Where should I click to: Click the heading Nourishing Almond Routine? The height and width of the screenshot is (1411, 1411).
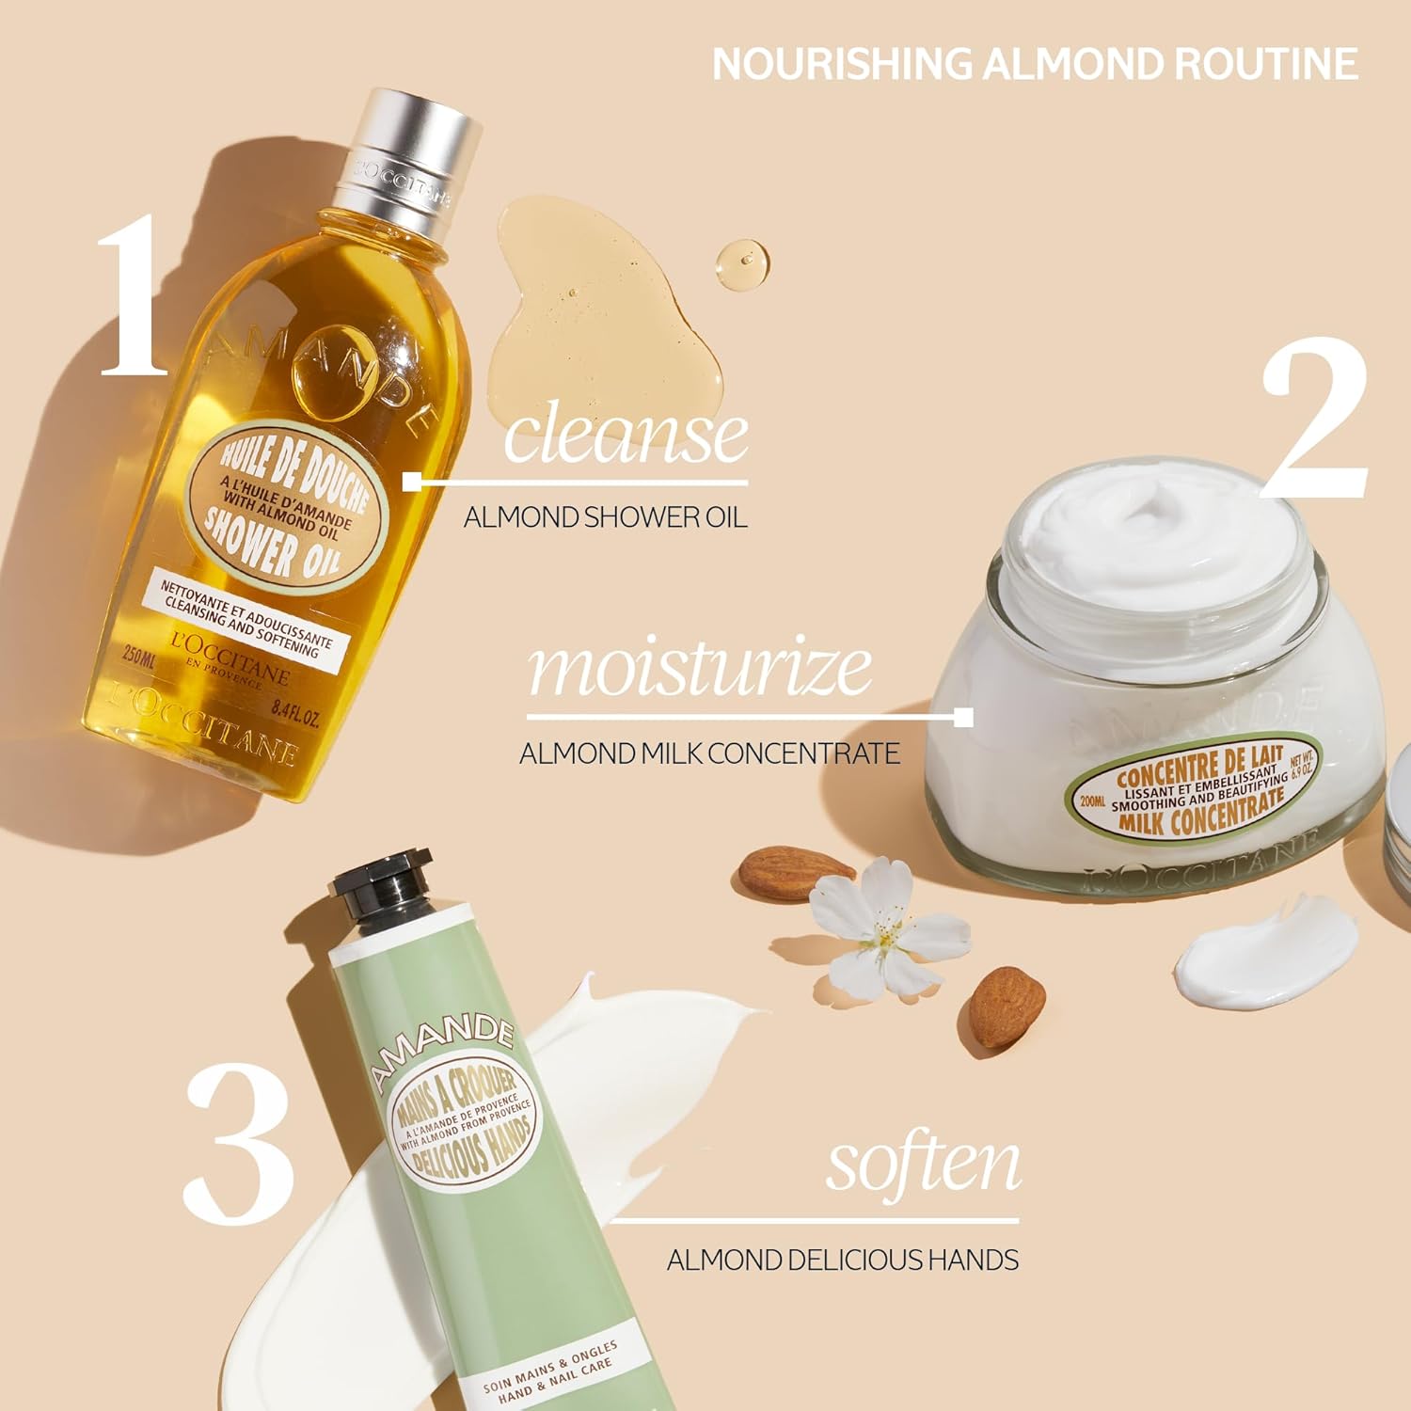pyautogui.click(x=1035, y=64)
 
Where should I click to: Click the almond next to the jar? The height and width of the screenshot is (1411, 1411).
pyautogui.click(x=793, y=873)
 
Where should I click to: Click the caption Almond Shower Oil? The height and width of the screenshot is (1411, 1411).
pyautogui.click(x=605, y=517)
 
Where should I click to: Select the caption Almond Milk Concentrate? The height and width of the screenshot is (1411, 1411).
pyautogui.click(x=709, y=753)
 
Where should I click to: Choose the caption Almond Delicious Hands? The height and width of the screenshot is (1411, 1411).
pyautogui.click(x=842, y=1260)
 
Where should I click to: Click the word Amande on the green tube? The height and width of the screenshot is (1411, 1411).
pyautogui.click(x=442, y=1044)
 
